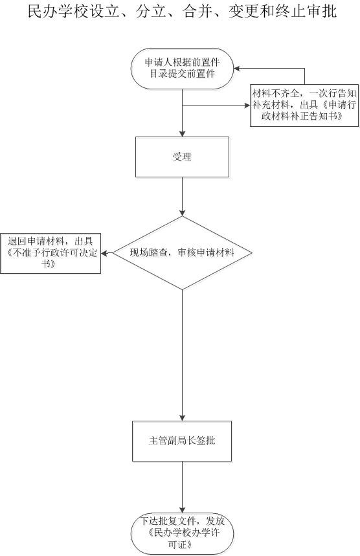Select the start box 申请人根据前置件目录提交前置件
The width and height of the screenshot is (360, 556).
click(x=183, y=69)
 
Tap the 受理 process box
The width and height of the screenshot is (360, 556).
click(x=183, y=157)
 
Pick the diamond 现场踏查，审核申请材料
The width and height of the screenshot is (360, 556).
click(x=183, y=253)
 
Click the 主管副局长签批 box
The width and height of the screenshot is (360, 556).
click(x=182, y=441)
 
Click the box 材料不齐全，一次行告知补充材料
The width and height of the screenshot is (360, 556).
click(x=304, y=106)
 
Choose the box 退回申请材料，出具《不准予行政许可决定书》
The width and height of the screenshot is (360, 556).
click(x=51, y=253)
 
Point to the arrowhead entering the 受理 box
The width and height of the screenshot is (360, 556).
click(x=183, y=134)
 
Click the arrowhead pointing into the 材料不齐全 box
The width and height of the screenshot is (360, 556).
click(x=247, y=106)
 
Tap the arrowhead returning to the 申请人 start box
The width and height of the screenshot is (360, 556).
click(x=236, y=69)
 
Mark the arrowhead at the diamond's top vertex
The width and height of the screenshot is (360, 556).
click(x=183, y=213)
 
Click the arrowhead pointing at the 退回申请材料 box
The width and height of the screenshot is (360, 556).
click(x=104, y=253)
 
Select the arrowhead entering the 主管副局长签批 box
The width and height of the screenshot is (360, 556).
click(x=183, y=418)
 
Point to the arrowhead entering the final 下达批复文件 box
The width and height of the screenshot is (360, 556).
click(x=183, y=510)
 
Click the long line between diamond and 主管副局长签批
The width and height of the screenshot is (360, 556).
click(x=183, y=355)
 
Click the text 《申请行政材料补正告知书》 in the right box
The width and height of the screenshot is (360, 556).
click(x=305, y=111)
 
